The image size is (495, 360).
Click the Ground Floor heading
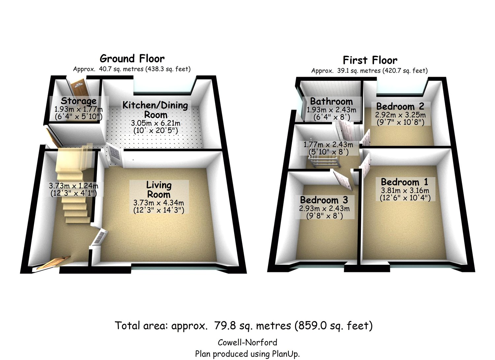coord(132,59)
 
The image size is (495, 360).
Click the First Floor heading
coord(370,60)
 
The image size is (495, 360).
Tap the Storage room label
coord(79,101)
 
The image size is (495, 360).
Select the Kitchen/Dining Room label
coord(155,110)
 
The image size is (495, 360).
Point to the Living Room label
coord(159,189)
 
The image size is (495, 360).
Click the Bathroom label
coord(331,101)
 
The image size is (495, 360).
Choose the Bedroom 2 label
coord(400,106)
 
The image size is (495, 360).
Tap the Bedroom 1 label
coord(404,182)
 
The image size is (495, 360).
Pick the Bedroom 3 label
coord(324,200)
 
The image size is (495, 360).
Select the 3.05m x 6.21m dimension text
coord(156,124)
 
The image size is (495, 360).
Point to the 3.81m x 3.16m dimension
coord(405,191)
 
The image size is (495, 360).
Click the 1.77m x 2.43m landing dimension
coord(328,145)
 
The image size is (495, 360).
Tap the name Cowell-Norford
coord(247,342)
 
